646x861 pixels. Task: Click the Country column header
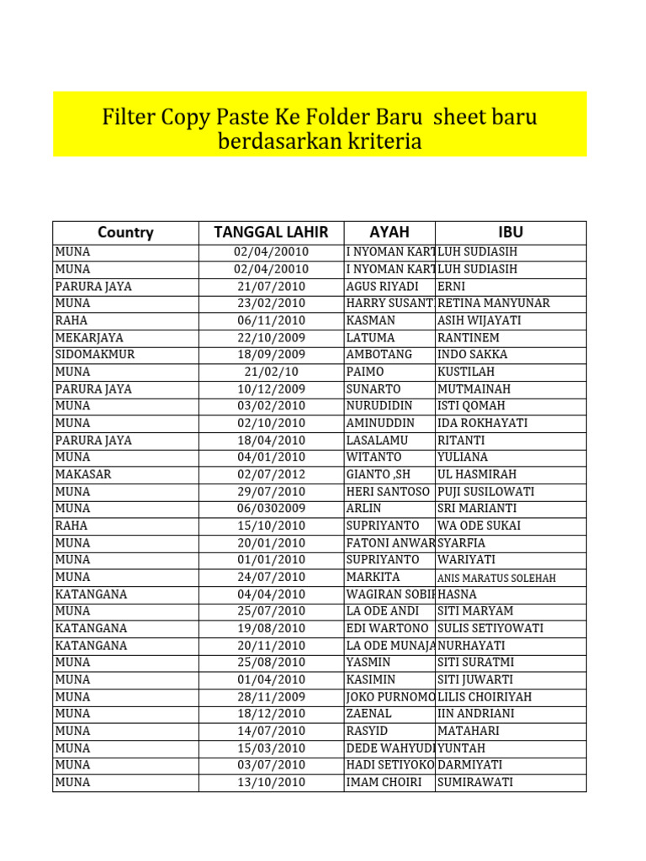pos(125,233)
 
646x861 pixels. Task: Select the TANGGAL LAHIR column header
pos(271,233)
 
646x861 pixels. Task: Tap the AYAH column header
pos(389,233)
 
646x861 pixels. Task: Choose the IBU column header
pos(511,233)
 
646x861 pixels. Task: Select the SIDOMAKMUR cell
pos(95,354)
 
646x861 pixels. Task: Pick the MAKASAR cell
pos(83,474)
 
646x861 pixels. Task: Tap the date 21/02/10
pos(271,372)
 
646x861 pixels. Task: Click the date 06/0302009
pos(271,509)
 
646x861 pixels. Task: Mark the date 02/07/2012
pos(271,474)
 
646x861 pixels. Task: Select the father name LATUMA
pos(370,337)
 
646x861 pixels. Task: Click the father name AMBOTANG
pos(379,354)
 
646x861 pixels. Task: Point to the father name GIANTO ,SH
pos(379,474)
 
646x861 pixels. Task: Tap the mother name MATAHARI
pos(471,731)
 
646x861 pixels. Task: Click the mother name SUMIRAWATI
pos(475,782)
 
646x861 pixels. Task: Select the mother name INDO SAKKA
pos(473,354)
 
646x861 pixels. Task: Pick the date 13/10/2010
pos(271,782)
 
